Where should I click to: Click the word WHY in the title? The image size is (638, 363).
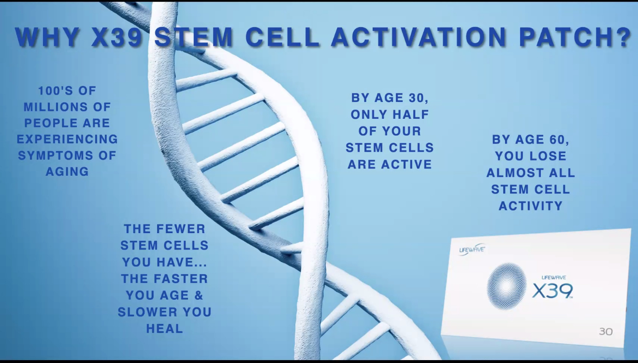pos(47,37)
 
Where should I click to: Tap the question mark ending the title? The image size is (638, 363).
pos(623,37)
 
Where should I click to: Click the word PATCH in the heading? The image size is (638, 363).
pos(565,37)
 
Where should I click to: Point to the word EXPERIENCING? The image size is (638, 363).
pos(68,139)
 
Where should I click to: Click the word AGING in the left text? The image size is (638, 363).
pos(68,171)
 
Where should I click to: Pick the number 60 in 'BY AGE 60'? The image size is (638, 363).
pos(558,140)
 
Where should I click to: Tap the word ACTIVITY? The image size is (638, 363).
pos(531,206)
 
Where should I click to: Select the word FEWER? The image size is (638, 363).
pos(181,229)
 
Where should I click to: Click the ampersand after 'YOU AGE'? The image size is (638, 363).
pos(199,295)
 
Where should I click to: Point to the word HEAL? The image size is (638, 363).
pos(165,329)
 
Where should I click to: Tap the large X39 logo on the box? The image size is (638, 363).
pos(552,291)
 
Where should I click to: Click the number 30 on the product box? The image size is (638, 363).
pos(606,332)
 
